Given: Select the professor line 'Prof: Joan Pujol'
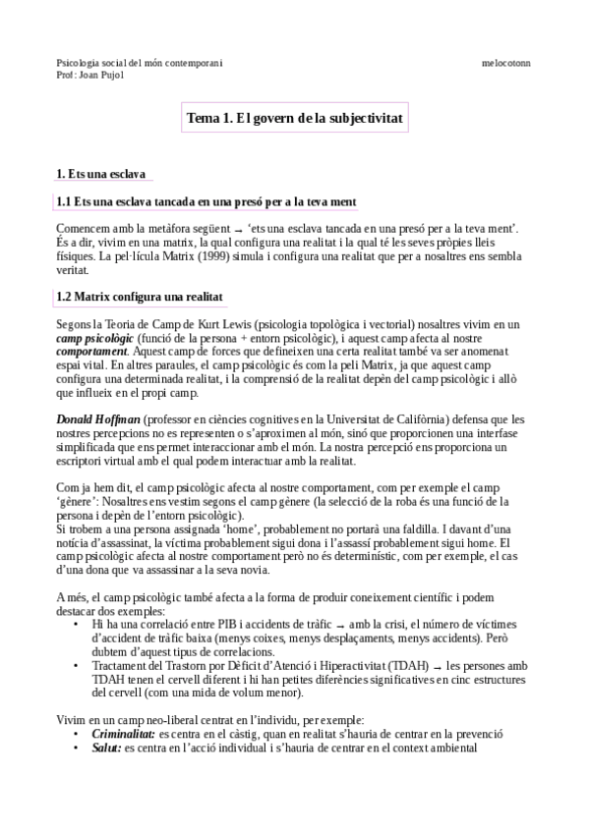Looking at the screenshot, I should pyautogui.click(x=90, y=75).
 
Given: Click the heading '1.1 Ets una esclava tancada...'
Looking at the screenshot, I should pyautogui.click(x=206, y=201).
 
